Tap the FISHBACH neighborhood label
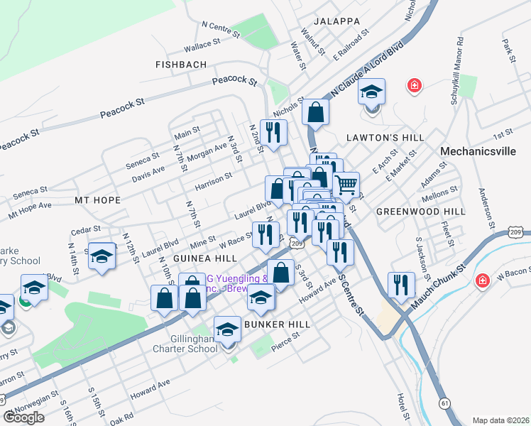pyautogui.click(x=181, y=65)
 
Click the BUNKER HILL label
pyautogui.click(x=273, y=324)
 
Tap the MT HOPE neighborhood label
pyautogui.click(x=97, y=201)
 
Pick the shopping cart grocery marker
pyautogui.click(x=346, y=185)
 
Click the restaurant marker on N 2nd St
pyautogui.click(x=273, y=131)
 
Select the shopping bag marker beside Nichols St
pyautogui.click(x=315, y=111)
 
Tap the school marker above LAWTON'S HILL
pyautogui.click(x=371, y=92)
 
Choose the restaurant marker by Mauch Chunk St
pyautogui.click(x=401, y=284)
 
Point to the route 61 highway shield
pyautogui.click(x=445, y=403)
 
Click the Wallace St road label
pyautogui.click(x=201, y=45)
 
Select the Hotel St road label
pyautogui.click(x=402, y=406)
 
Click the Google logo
pyautogui.click(x=24, y=417)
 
